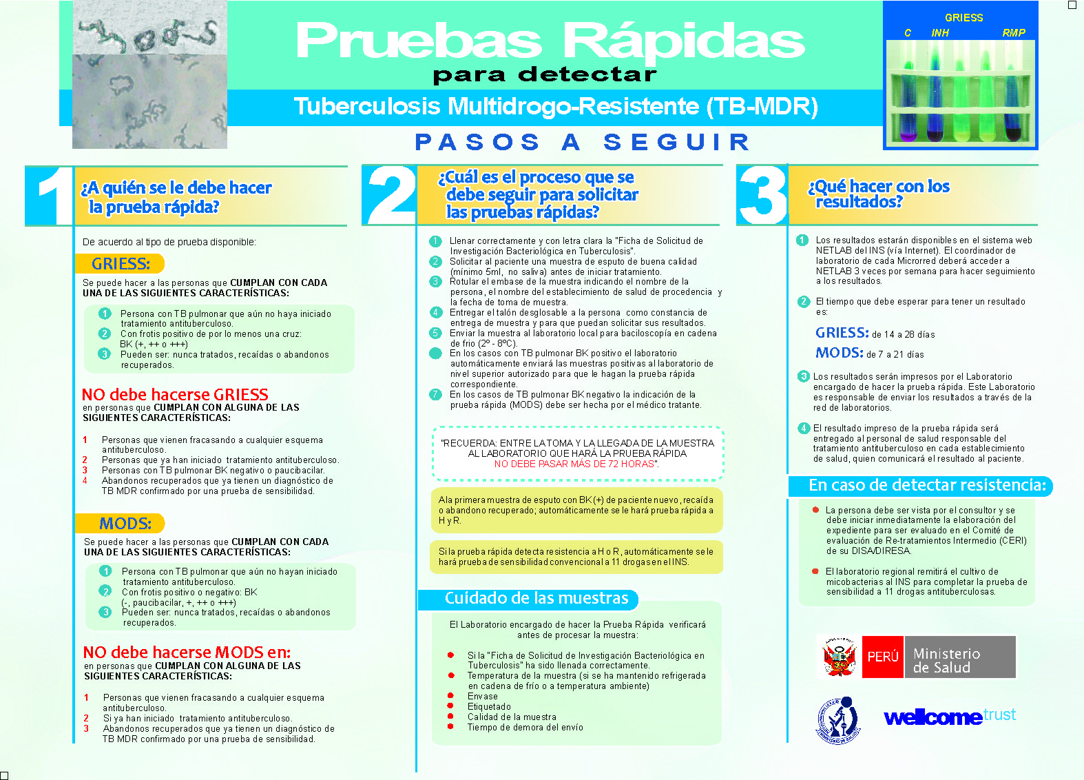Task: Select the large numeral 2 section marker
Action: (390, 195)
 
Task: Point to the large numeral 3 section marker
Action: (762, 195)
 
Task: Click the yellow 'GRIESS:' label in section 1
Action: (121, 264)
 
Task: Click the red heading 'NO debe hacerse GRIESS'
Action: (175, 395)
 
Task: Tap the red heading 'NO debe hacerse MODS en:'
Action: (187, 653)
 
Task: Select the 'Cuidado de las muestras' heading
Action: (536, 598)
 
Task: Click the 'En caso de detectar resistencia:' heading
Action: (927, 485)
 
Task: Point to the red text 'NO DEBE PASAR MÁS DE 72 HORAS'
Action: (576, 464)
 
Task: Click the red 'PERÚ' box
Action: (882, 657)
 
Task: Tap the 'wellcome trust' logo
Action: (950, 717)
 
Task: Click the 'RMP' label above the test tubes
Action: (1014, 33)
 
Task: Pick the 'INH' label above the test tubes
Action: (940, 33)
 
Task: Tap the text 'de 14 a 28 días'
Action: (904, 335)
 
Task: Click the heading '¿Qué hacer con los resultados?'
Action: (879, 194)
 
